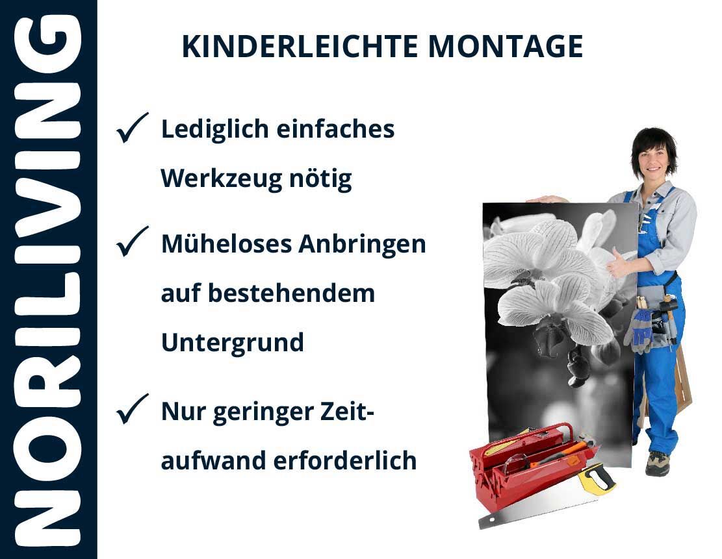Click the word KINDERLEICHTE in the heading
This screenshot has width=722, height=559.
[300, 47]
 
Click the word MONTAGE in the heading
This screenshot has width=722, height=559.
[506, 47]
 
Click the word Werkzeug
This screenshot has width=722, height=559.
[221, 179]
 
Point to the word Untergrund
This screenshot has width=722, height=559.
[233, 343]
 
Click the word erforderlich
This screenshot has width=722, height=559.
[345, 460]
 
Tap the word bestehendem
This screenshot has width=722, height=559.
[292, 293]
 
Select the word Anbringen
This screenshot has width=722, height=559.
[362, 245]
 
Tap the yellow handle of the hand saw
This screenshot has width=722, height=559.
[597, 479]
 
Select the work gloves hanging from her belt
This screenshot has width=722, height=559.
[639, 330]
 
